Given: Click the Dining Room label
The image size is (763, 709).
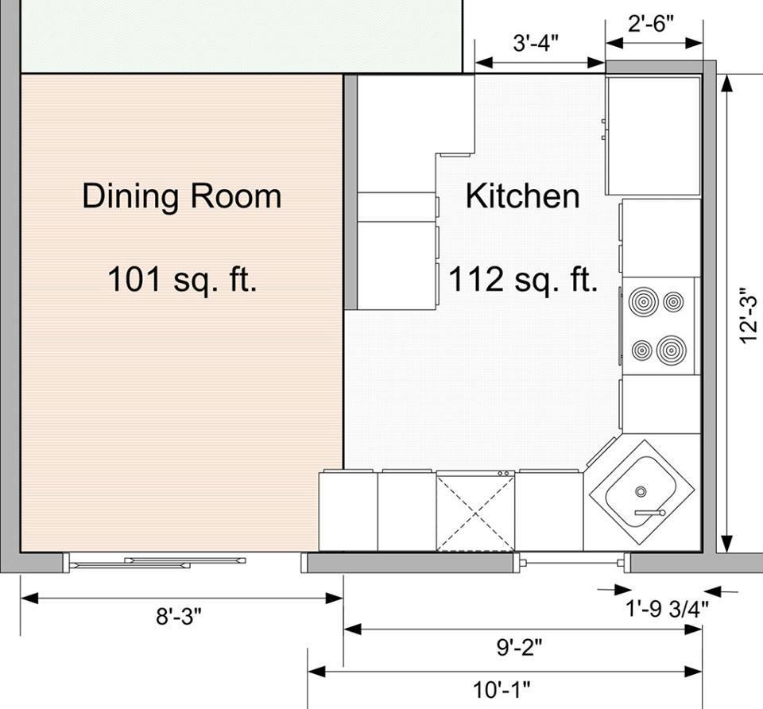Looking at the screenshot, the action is [x=182, y=196].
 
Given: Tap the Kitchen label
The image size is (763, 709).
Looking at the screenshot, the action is [x=523, y=196].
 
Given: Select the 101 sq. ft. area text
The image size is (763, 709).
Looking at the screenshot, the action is [x=181, y=279].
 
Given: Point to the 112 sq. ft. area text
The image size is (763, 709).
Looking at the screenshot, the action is [x=523, y=279].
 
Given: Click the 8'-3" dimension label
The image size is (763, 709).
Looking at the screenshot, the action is [x=179, y=617].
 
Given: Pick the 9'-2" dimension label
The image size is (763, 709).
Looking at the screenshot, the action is [x=519, y=647].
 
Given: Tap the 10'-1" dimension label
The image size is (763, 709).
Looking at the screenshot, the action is [x=502, y=690].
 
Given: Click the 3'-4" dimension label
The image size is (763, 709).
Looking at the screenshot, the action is [x=536, y=43].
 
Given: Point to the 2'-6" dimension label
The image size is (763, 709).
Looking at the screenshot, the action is [x=651, y=23].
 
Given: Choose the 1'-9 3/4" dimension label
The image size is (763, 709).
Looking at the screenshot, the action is [x=667, y=608].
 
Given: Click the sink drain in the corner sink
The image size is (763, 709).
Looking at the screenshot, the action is [x=641, y=492].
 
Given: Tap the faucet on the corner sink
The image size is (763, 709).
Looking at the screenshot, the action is [x=650, y=513].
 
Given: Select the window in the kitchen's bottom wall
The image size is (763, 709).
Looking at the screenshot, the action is [x=572, y=563].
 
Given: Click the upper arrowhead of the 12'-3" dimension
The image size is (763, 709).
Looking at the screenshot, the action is [x=726, y=83].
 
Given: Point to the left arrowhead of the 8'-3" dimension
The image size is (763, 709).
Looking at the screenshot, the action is [x=29, y=598].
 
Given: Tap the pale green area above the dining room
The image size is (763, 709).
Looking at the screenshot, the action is [x=242, y=36].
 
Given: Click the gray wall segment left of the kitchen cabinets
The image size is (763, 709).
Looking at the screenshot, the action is [x=351, y=192].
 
